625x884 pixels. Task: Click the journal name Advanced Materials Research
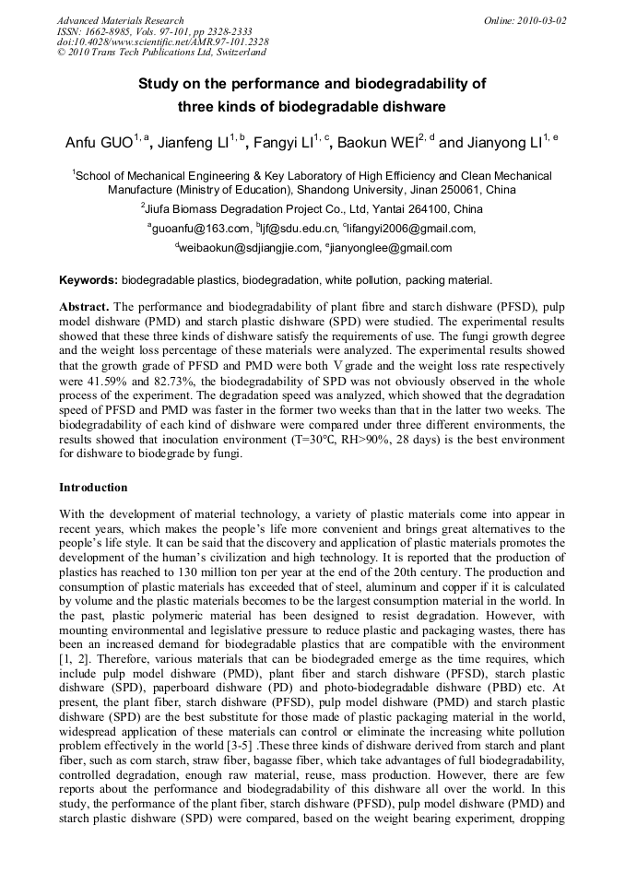[120, 20]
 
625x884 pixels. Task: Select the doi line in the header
[163, 42]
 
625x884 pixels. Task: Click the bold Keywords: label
[88, 279]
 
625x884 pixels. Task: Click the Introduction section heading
[93, 487]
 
